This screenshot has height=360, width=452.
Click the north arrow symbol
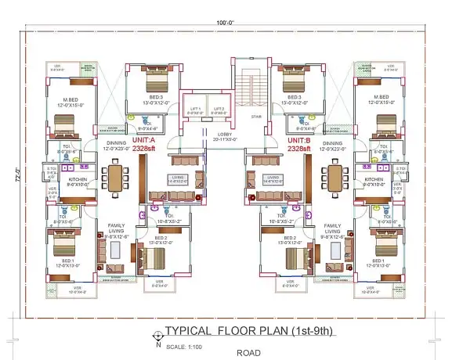tap(161, 333)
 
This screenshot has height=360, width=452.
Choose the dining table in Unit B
tap(335, 179)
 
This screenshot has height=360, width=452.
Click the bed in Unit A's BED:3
tap(151, 83)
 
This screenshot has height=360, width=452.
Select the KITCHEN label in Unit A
tap(78, 179)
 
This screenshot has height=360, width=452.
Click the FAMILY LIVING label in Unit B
tap(332, 229)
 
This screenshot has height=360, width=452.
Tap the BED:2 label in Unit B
tap(289, 237)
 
